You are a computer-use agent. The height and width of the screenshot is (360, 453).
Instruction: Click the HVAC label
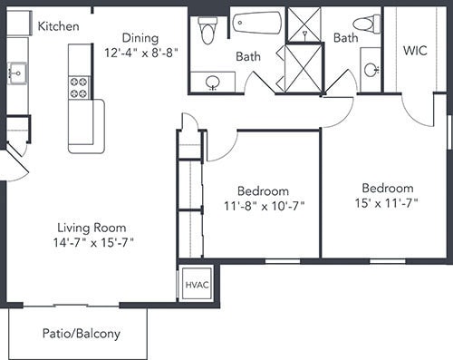[x=197, y=285]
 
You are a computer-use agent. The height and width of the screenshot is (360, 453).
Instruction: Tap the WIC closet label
[x=415, y=51]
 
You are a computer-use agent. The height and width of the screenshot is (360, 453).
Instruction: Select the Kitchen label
[x=59, y=26]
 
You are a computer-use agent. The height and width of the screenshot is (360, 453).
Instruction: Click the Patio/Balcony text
[x=82, y=334]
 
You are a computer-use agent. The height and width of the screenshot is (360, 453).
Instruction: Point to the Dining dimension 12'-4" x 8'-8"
[x=140, y=53]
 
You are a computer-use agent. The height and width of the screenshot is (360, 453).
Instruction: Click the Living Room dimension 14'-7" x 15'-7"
[x=93, y=242]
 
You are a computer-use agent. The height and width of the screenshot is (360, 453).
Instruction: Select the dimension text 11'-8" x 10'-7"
[x=264, y=206]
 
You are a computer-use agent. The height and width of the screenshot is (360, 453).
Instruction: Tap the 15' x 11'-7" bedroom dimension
[x=386, y=203]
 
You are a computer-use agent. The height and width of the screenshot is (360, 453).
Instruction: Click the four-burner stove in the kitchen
[x=79, y=88]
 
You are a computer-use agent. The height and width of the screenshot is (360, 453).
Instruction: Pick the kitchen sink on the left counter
[x=17, y=73]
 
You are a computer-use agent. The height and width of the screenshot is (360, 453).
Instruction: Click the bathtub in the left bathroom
[x=257, y=23]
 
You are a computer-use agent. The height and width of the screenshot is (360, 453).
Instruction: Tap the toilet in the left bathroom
[x=207, y=30]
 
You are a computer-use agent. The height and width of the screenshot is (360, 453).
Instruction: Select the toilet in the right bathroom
[x=367, y=23]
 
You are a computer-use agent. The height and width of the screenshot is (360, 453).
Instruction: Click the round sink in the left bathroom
[x=213, y=83]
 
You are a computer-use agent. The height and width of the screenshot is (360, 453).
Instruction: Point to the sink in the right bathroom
[x=371, y=70]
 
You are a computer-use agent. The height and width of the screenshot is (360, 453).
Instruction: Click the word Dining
[x=140, y=38]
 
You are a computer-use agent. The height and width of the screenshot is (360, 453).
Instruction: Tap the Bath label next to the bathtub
[x=248, y=56]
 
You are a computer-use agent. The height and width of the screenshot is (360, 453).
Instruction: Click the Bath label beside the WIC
[x=346, y=38]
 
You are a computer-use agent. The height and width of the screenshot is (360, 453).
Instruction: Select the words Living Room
[x=92, y=228]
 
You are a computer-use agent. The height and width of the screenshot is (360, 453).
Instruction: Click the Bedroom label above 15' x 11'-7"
[x=388, y=188]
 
